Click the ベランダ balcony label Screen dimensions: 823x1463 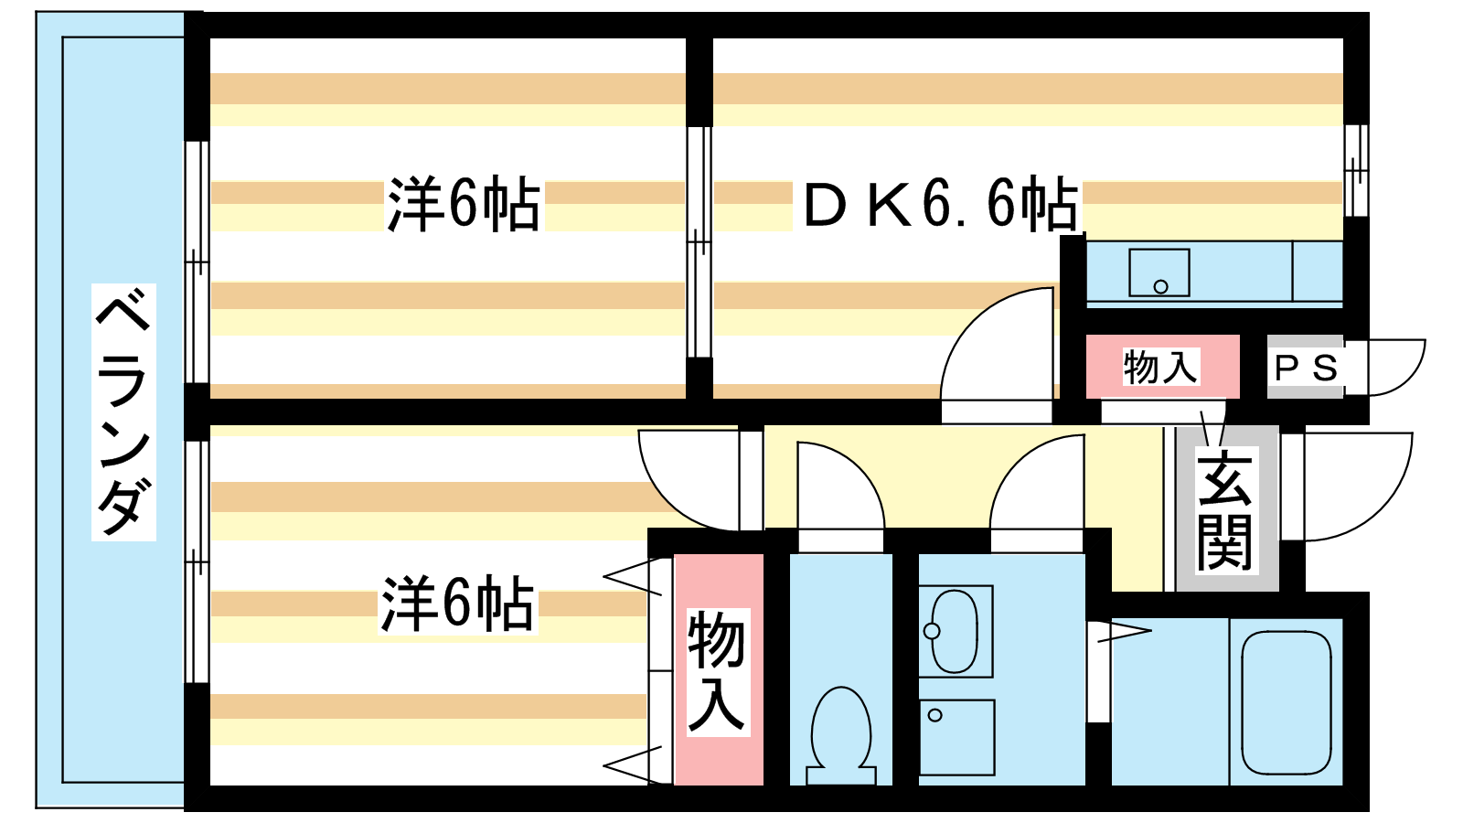coord(123,411)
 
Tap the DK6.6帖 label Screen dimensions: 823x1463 coord(940,203)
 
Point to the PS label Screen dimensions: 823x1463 coord(1306,369)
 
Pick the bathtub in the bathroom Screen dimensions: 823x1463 coord(1286,702)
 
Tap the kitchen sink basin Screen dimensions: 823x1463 coord(1159,273)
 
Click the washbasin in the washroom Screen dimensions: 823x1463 coord(955,631)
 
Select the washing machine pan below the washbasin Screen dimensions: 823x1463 coord(956,737)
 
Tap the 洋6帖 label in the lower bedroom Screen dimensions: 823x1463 coord(457,604)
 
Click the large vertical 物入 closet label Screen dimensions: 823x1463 coord(718,672)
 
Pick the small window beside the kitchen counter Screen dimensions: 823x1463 coord(1356,170)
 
